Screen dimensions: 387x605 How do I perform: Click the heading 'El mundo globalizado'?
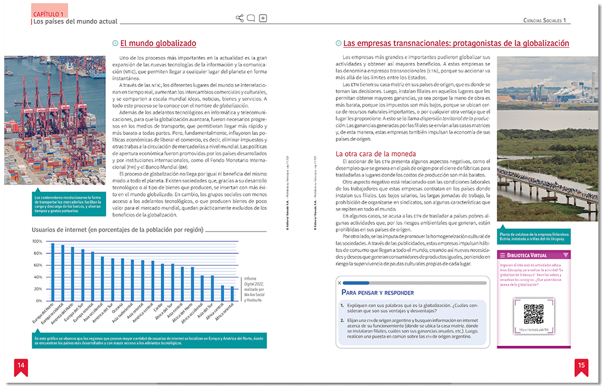158,44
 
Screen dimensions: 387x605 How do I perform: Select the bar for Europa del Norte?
53,272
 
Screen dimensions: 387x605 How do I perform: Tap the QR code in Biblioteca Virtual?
533,314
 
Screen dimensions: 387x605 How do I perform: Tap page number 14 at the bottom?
21,365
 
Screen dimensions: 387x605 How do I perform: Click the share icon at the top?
240,18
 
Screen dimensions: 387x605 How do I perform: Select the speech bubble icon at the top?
251,18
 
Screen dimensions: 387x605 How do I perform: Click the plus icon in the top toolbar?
263,18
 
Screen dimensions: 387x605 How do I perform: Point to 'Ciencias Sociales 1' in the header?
544,21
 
